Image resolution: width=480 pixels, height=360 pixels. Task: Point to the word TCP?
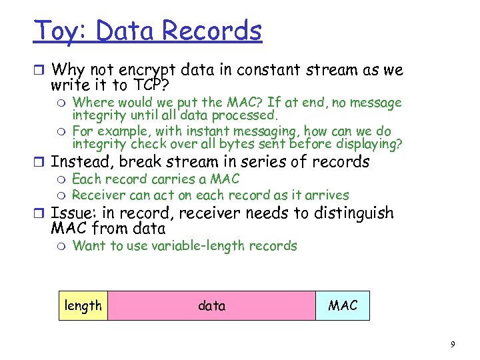click(x=151, y=85)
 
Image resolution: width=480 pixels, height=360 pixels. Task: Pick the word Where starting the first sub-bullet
click(x=91, y=102)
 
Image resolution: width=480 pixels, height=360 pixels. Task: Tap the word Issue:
click(x=73, y=213)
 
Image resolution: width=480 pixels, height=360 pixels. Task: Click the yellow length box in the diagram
click(x=83, y=305)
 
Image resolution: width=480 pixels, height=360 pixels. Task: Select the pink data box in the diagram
click(x=211, y=305)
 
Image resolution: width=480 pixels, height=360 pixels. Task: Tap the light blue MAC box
click(x=343, y=305)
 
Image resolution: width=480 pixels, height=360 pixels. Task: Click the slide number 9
click(x=453, y=344)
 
